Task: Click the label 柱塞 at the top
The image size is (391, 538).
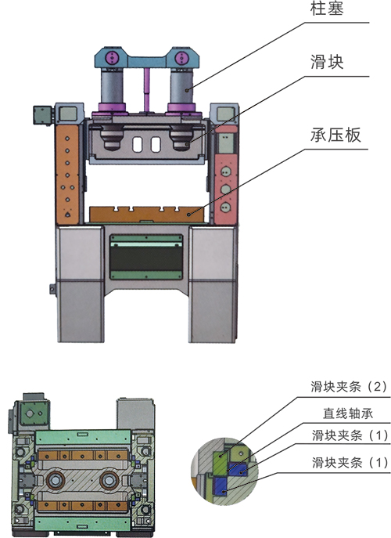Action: (327, 9)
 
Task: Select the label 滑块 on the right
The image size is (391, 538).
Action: (327, 62)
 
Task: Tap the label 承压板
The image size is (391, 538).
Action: (335, 135)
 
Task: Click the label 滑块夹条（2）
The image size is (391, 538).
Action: (349, 387)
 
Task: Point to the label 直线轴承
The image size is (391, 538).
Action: (348, 413)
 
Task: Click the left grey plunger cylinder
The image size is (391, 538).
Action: (112, 86)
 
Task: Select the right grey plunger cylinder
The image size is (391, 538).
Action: (181, 86)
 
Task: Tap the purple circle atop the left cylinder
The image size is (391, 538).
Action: (112, 57)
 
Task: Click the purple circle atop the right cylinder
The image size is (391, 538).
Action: (181, 57)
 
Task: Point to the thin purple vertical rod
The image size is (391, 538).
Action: (147, 89)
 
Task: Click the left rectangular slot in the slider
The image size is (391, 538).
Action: (137, 145)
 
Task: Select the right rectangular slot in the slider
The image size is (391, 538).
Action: (156, 145)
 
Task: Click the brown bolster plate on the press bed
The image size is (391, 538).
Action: (147, 215)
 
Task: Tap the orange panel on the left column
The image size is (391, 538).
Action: (67, 174)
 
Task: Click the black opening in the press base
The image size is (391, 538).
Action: (146, 258)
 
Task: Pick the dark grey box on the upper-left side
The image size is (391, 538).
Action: (42, 115)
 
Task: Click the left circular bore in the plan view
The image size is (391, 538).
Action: (55, 480)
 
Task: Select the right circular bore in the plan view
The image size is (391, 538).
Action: (109, 480)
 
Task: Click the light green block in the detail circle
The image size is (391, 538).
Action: (220, 462)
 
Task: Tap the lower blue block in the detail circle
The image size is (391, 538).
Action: (221, 486)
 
